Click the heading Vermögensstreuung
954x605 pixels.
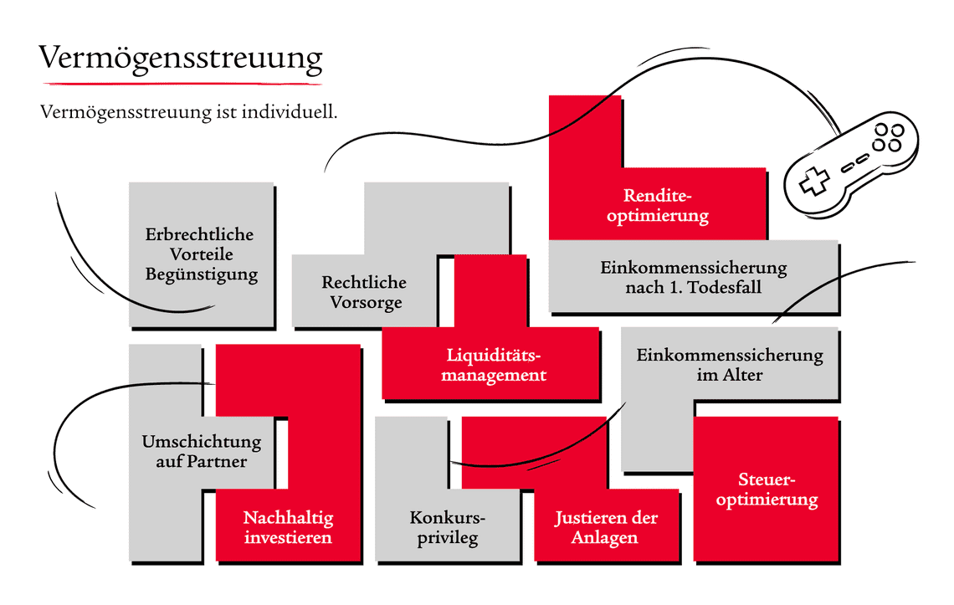point(181,59)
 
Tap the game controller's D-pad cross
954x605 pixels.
point(810,182)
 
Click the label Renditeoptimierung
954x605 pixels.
point(658,205)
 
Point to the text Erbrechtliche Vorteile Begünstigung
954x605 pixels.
point(201,254)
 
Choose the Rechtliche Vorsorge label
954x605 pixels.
point(364,292)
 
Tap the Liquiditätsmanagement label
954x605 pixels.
point(495,365)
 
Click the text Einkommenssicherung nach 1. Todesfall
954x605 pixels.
point(693,278)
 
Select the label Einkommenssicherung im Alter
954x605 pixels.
point(730,365)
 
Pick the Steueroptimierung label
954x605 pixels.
point(767,490)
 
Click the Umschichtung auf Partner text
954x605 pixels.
point(202,451)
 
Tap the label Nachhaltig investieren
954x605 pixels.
point(288,527)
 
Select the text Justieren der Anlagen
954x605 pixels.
point(606,527)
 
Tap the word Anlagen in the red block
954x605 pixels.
point(606,538)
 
